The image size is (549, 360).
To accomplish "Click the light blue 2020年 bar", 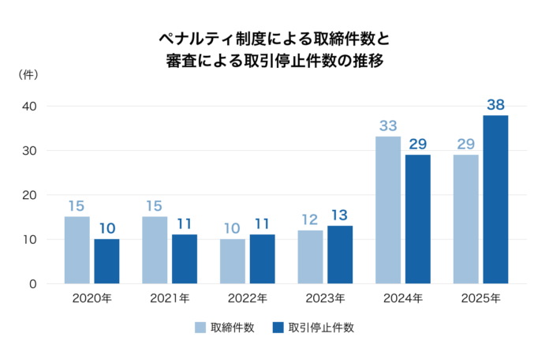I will [77, 249].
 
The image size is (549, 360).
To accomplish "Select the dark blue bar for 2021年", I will [184, 258].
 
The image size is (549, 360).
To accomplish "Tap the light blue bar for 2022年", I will [232, 261].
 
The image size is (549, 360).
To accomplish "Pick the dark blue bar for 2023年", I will [339, 254].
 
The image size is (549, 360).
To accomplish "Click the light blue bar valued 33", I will [387, 210].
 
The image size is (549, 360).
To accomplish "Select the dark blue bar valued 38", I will [495, 199].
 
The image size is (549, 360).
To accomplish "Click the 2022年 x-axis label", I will [247, 299].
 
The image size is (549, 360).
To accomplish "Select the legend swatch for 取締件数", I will [200, 328].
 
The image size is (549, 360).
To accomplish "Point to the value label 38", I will [495, 103].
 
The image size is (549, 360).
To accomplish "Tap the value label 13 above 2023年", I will [339, 214].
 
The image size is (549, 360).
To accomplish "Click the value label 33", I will [387, 125].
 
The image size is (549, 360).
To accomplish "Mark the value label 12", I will [310, 219].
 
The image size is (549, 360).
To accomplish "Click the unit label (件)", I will [29, 74].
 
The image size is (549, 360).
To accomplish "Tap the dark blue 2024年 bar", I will [418, 219].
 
